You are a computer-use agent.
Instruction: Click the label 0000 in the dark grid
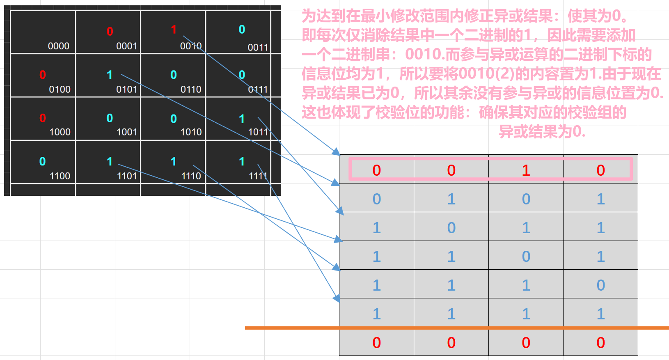click(58, 46)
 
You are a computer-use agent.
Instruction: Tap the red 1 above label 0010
click(174, 30)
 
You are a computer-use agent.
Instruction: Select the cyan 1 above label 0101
click(110, 75)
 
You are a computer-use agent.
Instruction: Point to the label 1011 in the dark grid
click(258, 132)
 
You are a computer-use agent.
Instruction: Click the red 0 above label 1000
click(43, 118)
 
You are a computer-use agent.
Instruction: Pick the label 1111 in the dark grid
click(258, 176)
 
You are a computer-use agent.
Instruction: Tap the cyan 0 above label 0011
click(242, 30)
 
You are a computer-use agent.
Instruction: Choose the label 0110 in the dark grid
click(191, 89)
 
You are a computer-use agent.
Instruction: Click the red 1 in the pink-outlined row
click(526, 170)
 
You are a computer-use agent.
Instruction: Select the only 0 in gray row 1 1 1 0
click(600, 285)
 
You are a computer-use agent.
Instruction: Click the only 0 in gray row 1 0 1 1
click(451, 228)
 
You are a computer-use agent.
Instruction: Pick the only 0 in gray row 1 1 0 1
click(526, 257)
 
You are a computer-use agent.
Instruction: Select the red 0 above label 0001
click(110, 32)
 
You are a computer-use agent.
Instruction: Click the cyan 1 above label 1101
click(110, 161)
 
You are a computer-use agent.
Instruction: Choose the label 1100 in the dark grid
click(60, 176)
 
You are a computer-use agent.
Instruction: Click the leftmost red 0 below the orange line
click(376, 343)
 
